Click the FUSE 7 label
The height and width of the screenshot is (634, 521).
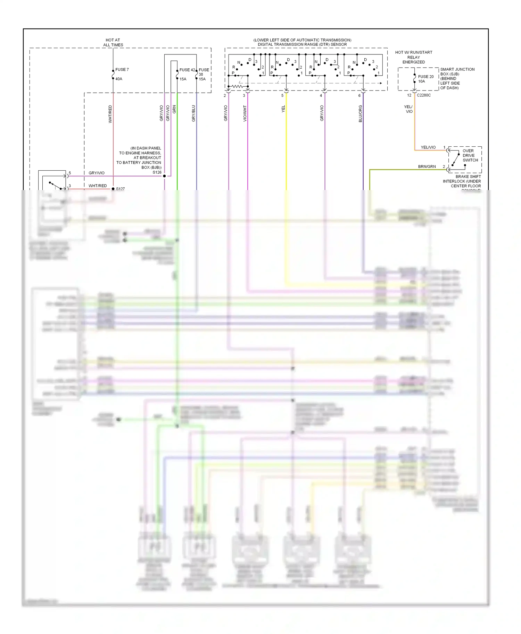point(122,70)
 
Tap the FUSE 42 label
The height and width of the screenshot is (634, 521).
point(187,70)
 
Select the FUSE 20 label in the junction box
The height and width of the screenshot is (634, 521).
point(425,77)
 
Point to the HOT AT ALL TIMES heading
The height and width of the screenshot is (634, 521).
point(113,42)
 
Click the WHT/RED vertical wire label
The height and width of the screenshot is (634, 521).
point(110,114)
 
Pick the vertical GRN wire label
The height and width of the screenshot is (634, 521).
point(174,109)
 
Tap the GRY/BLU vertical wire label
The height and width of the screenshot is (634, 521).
point(193,113)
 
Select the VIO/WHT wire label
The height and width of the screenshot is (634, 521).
point(245,113)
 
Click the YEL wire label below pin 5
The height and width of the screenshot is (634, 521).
point(283,109)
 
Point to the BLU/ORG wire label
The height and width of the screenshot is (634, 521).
point(360,114)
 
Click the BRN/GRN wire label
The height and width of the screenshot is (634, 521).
point(427,166)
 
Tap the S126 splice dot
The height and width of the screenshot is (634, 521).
point(164,176)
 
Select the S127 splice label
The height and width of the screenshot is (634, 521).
point(120,189)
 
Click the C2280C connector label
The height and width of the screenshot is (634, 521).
point(424,95)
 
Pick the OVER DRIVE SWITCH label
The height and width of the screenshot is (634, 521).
point(470,155)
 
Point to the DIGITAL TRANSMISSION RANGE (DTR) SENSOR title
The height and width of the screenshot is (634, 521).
point(302,44)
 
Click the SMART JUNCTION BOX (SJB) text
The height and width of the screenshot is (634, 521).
point(457,71)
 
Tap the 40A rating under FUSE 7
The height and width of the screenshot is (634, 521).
point(119,79)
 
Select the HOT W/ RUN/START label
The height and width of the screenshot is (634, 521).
point(414,52)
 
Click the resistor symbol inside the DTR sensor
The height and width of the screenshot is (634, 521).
point(238,86)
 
